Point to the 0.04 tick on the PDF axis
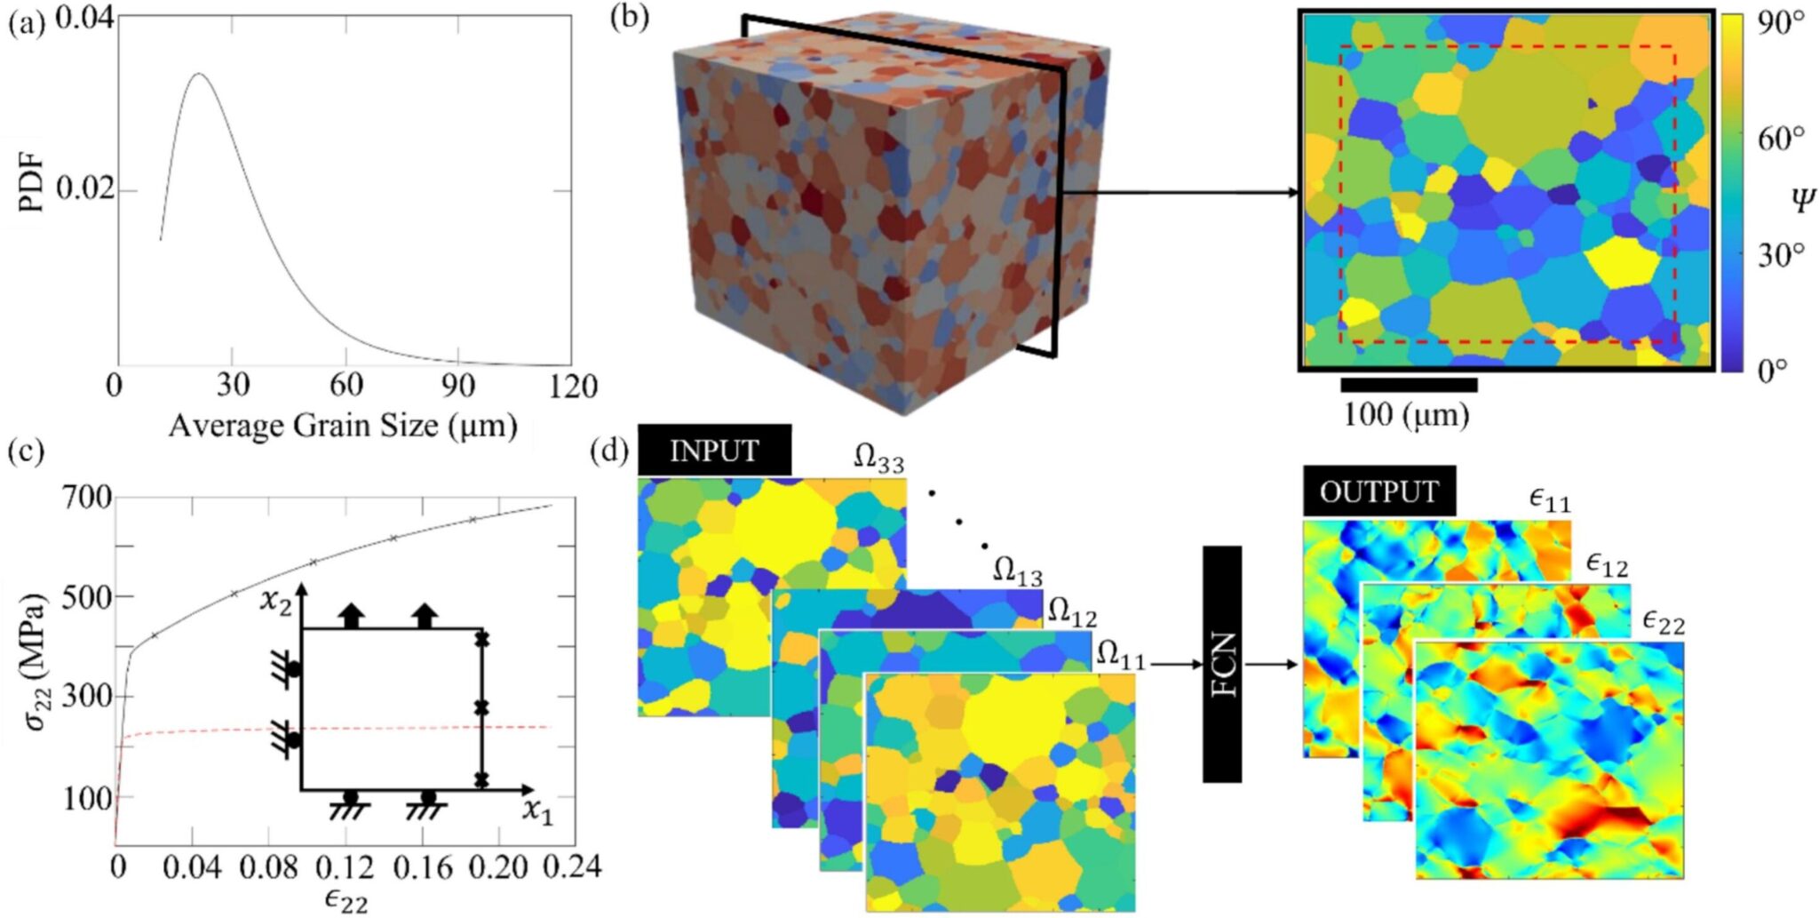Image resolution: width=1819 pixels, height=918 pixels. (84, 18)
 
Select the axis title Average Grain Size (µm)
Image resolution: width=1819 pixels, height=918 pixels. (343, 426)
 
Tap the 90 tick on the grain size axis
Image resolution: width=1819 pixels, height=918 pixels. (458, 386)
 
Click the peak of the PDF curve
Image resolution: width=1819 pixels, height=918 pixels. (199, 74)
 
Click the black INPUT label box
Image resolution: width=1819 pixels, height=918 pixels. (714, 451)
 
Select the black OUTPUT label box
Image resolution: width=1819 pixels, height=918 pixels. (1378, 491)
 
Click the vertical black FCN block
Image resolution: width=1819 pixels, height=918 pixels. (1222, 664)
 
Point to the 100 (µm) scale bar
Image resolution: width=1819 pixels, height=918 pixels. (1409, 385)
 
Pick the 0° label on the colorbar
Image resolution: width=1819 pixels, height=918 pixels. (1771, 370)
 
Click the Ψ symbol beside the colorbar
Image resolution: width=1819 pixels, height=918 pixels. (1801, 200)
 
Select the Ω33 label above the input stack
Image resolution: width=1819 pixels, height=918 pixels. (878, 459)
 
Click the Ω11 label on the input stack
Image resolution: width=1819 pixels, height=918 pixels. (1121, 656)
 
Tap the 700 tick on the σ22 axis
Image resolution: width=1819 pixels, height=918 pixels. (87, 498)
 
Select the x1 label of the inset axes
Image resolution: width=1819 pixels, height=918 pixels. (536, 810)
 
